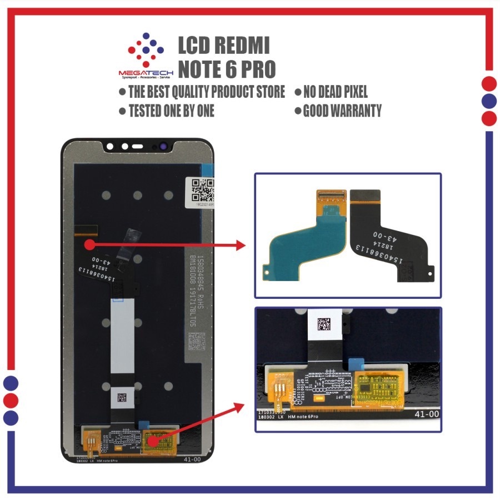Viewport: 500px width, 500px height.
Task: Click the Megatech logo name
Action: point(146,73)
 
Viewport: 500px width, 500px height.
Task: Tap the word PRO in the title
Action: point(254,69)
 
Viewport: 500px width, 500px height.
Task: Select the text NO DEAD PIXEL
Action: point(335,92)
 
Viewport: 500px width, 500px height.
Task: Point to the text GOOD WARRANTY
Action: point(342,111)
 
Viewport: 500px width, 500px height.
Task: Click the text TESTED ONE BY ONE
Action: point(171,111)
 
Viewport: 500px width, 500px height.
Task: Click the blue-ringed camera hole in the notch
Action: point(164,147)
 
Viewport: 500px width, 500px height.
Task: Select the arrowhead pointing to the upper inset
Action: point(240,245)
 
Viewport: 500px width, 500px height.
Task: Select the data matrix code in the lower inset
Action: point(323,323)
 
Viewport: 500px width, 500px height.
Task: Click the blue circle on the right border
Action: point(489,101)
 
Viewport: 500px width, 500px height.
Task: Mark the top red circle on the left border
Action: point(11,383)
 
